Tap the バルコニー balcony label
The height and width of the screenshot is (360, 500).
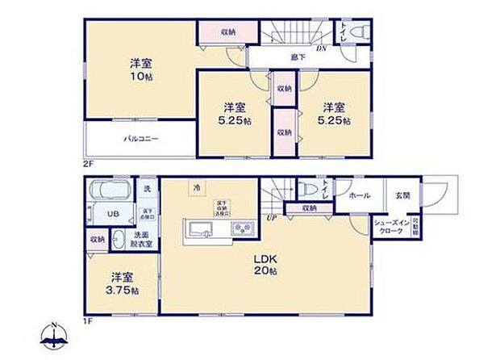tap(140, 139)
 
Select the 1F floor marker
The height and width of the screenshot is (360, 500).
tap(87, 321)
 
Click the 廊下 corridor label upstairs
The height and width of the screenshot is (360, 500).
tap(298, 57)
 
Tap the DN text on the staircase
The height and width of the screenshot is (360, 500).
tap(321, 48)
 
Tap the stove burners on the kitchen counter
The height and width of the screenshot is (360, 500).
tap(243, 230)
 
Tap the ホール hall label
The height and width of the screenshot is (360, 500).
tap(360, 195)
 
